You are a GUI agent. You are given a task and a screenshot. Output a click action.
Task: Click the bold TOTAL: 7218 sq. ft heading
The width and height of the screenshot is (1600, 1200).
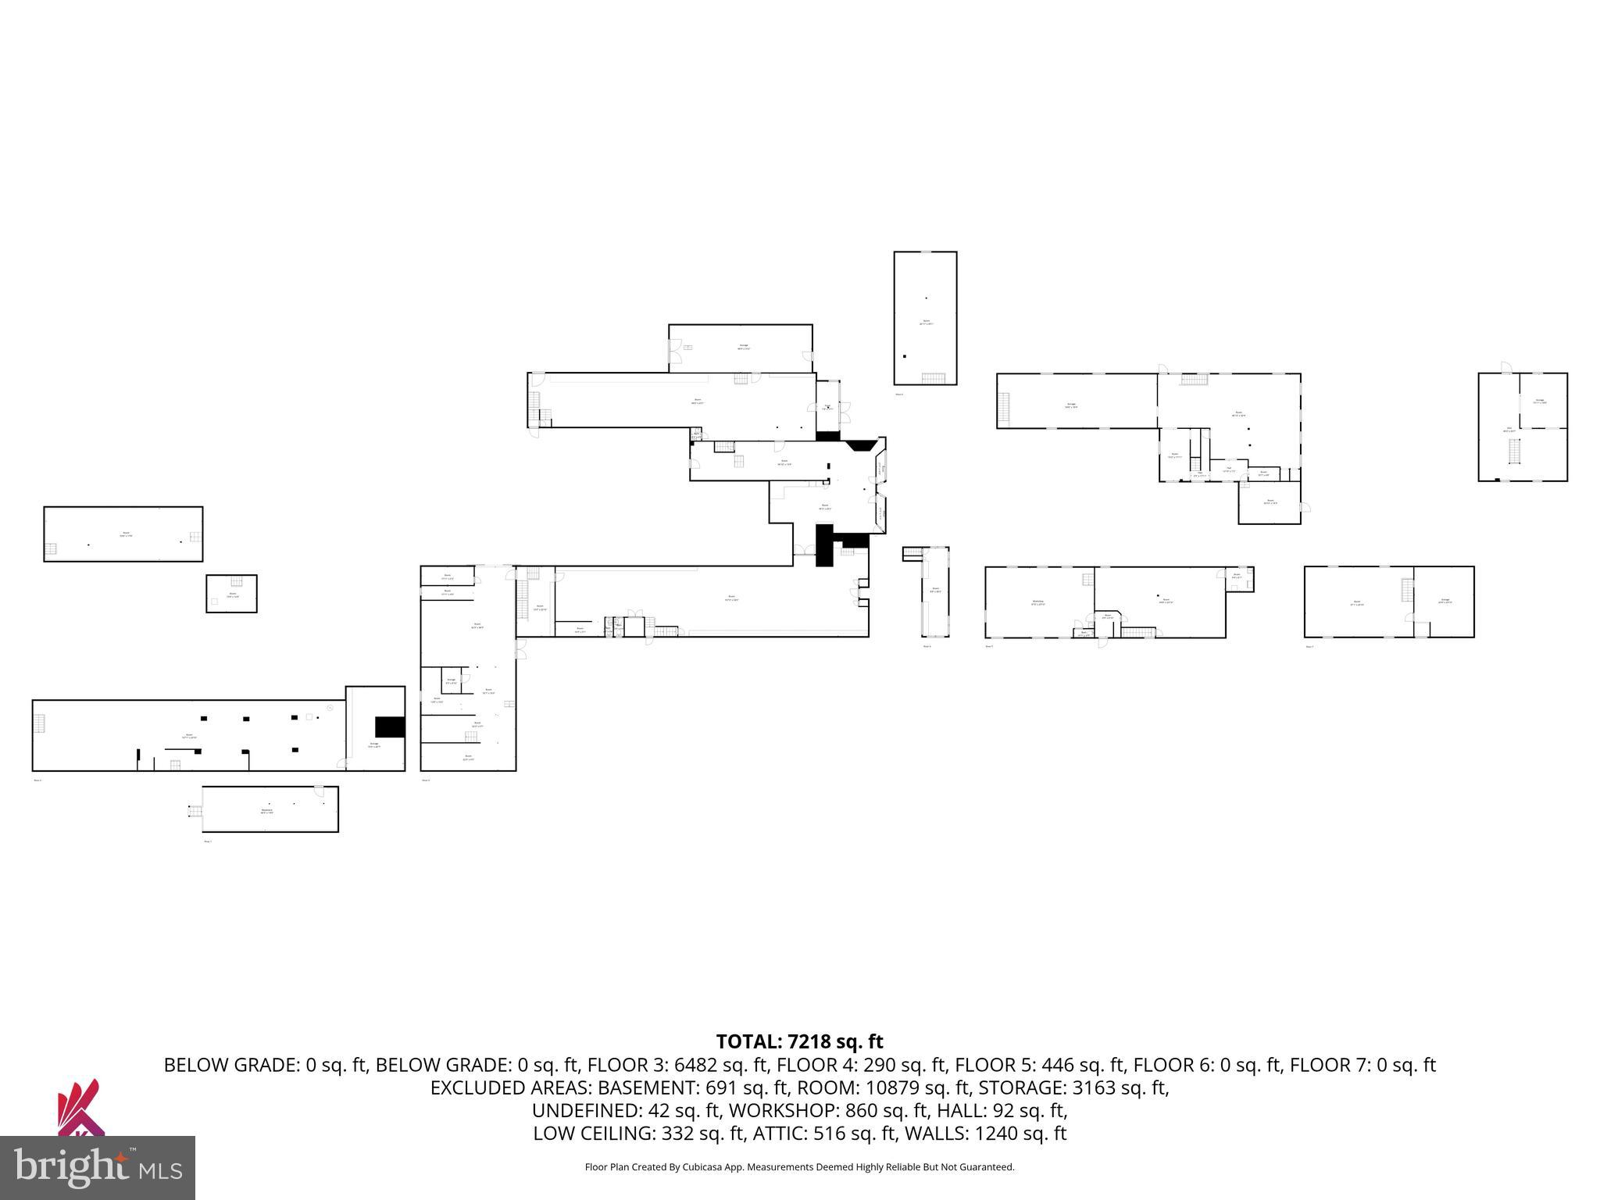[x=799, y=1041]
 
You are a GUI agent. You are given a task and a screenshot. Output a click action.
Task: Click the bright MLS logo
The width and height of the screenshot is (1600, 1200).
[x=97, y=1167]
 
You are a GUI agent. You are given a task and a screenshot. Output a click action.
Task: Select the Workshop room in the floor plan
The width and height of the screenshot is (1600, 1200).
[x=1038, y=602]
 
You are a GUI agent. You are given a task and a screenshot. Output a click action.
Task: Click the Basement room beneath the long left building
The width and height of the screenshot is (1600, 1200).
[x=270, y=809]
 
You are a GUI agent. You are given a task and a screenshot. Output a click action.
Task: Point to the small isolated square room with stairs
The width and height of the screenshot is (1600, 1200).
[x=231, y=594]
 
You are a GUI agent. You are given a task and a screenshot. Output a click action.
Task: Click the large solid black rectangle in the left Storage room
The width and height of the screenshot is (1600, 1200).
[x=390, y=727]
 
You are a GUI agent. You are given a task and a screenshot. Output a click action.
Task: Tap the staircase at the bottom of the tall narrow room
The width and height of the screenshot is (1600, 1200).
[x=933, y=379]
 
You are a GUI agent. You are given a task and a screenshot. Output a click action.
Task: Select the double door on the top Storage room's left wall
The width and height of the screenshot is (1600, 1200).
[x=674, y=356]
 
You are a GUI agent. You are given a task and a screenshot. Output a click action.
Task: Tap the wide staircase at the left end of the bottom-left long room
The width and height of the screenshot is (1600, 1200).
[x=39, y=724]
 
